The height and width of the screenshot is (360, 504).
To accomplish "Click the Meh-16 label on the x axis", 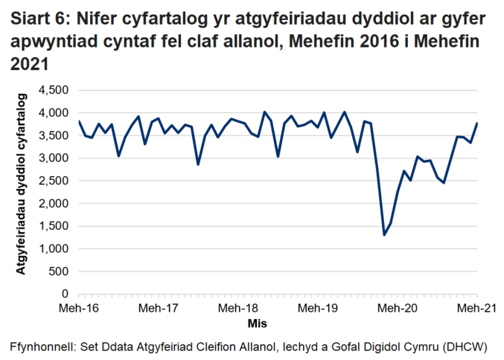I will coord(79,307).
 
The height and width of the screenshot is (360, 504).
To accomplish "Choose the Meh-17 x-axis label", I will coord(159,307).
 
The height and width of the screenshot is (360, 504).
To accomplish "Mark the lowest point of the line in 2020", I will coord(384,235).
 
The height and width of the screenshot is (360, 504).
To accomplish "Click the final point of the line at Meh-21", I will coord(477,123).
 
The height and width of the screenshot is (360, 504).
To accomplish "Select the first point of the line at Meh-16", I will coord(79,121).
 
